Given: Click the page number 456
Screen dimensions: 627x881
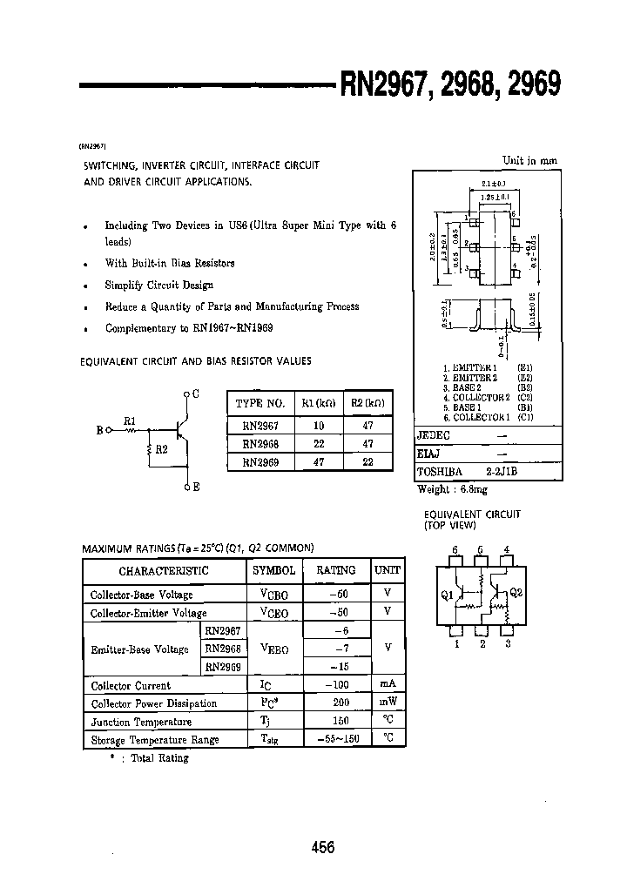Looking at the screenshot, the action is pos(322,848).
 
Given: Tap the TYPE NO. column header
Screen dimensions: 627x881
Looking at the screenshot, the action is pos(260,404).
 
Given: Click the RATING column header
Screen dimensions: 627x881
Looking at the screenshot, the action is pos(335,570).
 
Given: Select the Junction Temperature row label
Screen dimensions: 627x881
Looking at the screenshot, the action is pos(141,722).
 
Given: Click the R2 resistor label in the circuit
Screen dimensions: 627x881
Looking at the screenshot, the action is pos(161,450).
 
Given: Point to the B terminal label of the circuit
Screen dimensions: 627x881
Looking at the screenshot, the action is pos(99,429).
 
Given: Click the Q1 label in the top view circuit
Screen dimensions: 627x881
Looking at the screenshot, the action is pos(448,595).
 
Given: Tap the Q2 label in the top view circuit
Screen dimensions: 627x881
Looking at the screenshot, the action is pos(516,593).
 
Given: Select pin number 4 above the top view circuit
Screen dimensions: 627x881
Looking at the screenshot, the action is pos(508,550).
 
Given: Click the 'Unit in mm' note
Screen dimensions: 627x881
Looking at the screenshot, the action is pos(529,160).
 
